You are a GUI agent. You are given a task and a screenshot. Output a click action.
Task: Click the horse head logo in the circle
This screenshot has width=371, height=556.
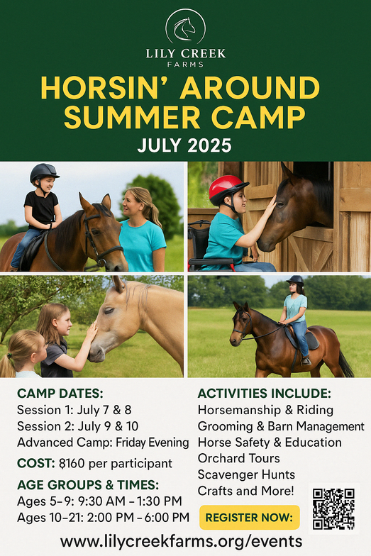184,29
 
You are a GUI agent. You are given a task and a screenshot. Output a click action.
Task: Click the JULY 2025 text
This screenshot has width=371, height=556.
184,145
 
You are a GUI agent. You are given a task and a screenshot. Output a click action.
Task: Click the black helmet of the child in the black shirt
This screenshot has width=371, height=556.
44,173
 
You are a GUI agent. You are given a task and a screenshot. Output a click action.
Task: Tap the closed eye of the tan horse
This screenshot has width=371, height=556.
108,311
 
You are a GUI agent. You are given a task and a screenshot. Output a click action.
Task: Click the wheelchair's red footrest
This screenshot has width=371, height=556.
211,262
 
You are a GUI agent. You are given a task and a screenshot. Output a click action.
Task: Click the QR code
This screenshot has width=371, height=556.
333,508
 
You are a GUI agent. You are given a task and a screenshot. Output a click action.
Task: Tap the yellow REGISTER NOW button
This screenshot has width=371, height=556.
250,518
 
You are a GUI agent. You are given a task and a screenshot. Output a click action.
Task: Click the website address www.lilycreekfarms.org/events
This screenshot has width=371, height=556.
182,542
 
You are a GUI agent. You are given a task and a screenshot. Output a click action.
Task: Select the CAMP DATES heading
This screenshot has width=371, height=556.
60,394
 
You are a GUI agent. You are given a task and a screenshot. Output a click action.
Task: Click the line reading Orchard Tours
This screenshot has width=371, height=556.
238,458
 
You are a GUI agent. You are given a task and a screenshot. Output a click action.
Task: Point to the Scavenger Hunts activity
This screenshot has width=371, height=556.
246,474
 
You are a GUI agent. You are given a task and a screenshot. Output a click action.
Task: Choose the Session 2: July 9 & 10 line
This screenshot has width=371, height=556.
78,426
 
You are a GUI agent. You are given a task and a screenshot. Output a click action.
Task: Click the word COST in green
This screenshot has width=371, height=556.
35,464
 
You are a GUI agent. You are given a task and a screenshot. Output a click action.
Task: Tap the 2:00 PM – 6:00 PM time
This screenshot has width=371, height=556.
138,518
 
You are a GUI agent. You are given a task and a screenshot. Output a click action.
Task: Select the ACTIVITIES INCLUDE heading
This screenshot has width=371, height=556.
264,394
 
